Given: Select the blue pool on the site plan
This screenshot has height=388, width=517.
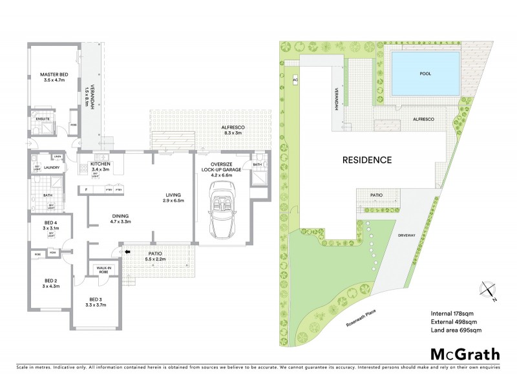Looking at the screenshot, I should point(425,73).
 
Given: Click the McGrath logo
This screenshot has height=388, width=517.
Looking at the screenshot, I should point(465,354).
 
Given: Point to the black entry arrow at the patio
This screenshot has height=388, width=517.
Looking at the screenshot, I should point(127,252).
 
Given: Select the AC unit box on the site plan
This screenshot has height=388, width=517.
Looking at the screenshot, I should point(295,80).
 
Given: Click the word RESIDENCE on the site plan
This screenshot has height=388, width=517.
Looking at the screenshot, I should point(367,159).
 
